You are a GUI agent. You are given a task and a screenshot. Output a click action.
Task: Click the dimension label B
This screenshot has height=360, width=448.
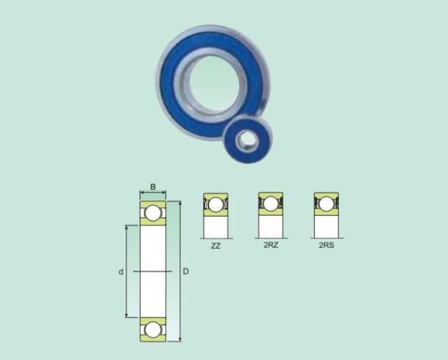(x=153, y=187)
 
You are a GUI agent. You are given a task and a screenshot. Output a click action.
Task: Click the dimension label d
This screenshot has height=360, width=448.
(x=121, y=272)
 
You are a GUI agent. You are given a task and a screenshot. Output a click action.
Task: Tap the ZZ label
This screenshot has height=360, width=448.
(x=215, y=246)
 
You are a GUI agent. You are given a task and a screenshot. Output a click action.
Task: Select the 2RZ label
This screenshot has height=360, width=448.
(x=271, y=245)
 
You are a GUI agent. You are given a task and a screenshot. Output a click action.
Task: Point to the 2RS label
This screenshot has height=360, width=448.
(x=326, y=245)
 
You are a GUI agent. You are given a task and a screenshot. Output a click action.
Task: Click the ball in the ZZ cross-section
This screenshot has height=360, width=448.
(x=216, y=204)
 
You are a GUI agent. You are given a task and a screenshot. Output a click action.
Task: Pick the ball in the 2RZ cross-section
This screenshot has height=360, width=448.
(x=271, y=204)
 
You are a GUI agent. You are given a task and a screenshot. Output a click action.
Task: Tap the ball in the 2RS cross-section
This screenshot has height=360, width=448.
(x=326, y=204)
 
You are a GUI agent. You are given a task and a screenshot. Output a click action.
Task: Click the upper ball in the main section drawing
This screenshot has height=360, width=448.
(x=153, y=213)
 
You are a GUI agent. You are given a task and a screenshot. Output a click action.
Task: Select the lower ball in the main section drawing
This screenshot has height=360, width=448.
(x=153, y=329)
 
